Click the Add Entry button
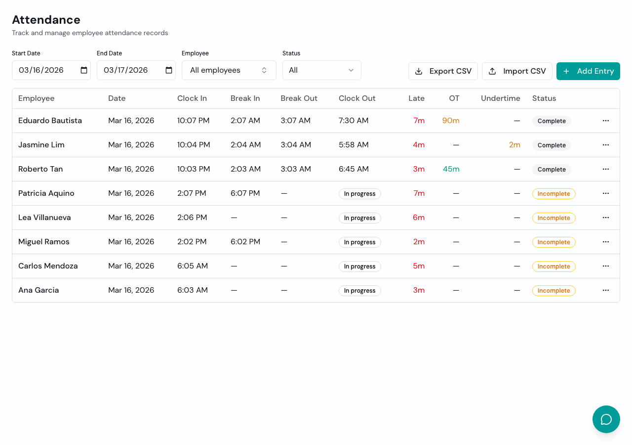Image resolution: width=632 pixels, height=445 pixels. pos(588,71)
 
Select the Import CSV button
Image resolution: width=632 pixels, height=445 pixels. pos(517,71)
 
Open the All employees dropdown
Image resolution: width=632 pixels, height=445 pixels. pos(229,70)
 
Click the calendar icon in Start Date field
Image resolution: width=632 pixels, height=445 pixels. pos(84,70)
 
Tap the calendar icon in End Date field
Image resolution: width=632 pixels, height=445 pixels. pos(169,70)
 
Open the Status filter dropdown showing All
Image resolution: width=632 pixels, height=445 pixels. pos(321,70)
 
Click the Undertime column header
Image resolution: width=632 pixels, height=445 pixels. pos(500,98)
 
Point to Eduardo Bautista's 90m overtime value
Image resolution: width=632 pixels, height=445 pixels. pos(451,121)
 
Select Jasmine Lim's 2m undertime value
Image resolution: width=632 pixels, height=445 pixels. pos(514,145)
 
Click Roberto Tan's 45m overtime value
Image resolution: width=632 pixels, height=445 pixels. pos(451,169)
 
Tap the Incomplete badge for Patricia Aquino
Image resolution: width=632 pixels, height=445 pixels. pos(553,194)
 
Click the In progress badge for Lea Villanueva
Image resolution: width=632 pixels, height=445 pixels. pos(359,218)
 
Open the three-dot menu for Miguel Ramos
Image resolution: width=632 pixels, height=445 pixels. pos(606,242)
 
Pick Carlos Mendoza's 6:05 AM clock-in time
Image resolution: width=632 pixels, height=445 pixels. pos(193,266)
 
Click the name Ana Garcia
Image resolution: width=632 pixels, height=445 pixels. pos(39,290)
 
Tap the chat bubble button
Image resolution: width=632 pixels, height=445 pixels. pos(606,419)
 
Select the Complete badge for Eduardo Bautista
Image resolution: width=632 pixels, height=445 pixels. pos(552,121)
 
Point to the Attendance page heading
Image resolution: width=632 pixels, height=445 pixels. pos(46,20)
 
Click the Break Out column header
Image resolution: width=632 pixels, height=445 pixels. pos(299,98)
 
